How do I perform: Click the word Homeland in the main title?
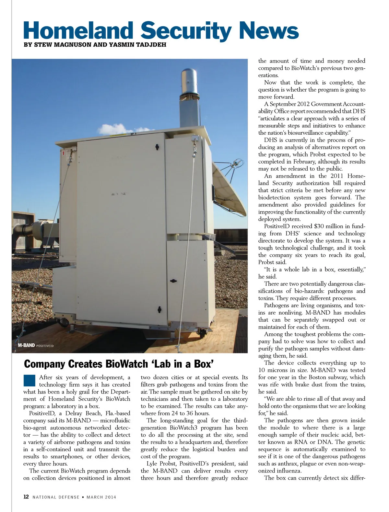click(78, 30)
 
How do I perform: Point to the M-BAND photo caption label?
click(26, 345)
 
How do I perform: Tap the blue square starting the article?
click(29, 380)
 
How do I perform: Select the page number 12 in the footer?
click(26, 497)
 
